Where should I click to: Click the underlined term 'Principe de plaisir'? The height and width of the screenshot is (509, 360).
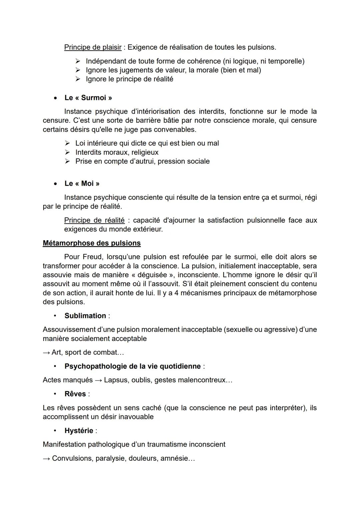93,47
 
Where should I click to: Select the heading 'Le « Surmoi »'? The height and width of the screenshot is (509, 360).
88,98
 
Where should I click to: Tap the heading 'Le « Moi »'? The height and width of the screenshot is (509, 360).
82,184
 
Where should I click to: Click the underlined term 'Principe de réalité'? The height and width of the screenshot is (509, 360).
94,220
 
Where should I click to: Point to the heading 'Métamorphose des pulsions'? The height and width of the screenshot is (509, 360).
92,243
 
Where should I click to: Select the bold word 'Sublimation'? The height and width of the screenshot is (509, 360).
85,316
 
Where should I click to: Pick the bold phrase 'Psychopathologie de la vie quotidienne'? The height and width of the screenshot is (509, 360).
133,366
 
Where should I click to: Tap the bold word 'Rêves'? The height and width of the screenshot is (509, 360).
75,394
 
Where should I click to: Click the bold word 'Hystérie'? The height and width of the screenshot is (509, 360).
79,431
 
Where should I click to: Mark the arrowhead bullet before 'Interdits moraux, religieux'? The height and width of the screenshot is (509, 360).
68,152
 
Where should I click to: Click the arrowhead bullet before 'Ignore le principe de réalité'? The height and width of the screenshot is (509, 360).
78,79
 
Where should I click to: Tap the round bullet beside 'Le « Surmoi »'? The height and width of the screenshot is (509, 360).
55,98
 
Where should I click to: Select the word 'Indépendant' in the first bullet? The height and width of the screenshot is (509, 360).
107,61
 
